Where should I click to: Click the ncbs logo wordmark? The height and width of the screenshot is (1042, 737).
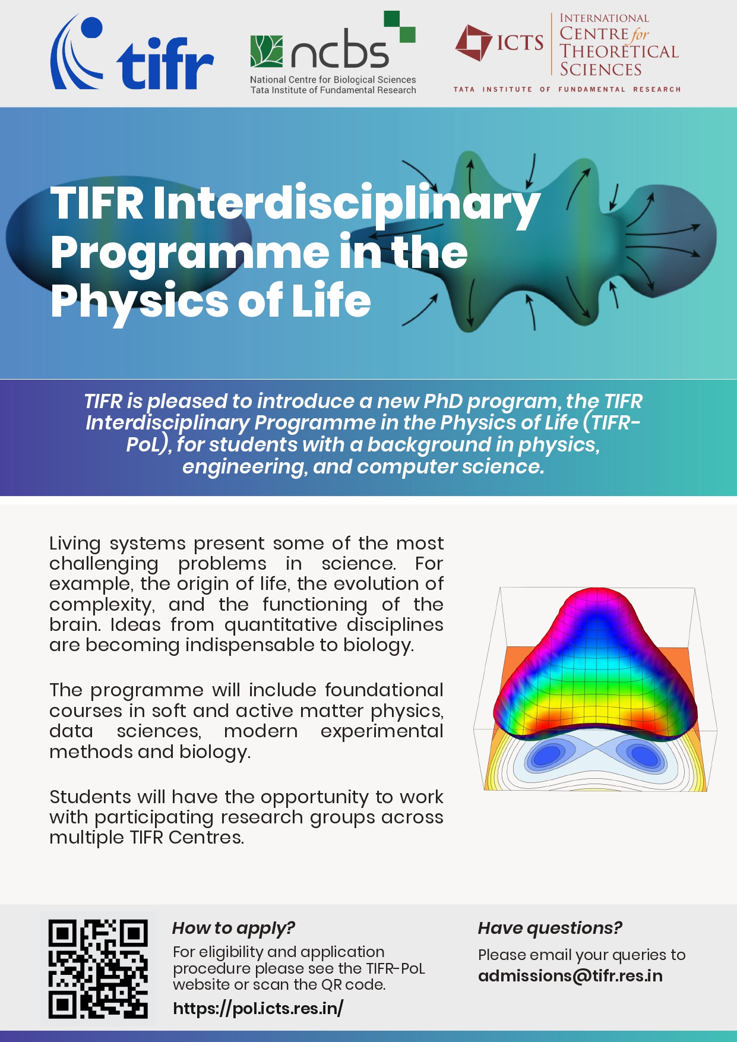tap(340, 52)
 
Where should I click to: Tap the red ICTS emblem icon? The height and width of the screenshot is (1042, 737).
tap(473, 43)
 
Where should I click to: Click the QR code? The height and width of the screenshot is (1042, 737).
tap(97, 968)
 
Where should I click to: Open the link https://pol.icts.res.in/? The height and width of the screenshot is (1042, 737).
tap(258, 1008)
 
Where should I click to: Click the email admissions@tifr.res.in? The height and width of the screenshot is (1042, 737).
tap(570, 976)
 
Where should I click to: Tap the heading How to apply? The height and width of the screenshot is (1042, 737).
tap(233, 928)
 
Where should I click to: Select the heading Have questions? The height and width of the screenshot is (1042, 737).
tap(549, 928)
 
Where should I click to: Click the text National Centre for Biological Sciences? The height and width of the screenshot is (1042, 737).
tap(333, 80)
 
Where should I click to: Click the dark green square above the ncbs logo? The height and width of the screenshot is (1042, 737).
tap(392, 18)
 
